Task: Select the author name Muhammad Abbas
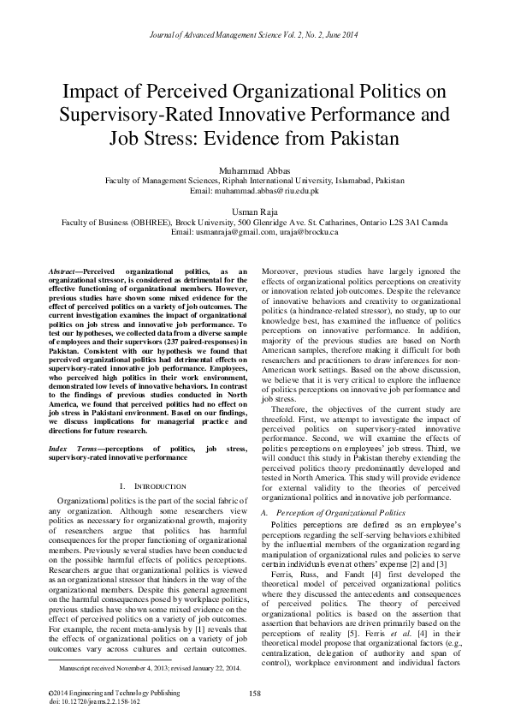[254, 170]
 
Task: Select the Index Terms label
[72, 448]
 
